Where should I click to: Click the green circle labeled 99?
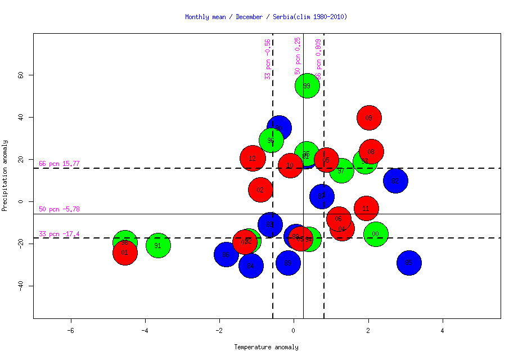click(x=307, y=85)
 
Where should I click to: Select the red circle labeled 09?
click(x=369, y=118)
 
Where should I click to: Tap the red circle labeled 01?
click(x=125, y=253)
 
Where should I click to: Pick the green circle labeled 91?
click(x=158, y=245)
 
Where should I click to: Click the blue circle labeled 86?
click(x=226, y=255)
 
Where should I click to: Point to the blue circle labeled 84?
click(x=251, y=265)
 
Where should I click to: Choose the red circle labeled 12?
click(x=253, y=159)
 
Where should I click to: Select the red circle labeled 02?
click(x=260, y=190)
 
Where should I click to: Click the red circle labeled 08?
click(x=371, y=152)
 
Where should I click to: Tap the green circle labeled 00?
click(x=376, y=234)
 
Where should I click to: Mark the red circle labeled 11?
click(x=366, y=209)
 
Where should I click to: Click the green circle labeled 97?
click(x=341, y=170)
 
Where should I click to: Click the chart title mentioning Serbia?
click(x=266, y=17)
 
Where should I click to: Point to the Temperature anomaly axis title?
click(x=266, y=347)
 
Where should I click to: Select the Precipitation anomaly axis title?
click(x=4, y=175)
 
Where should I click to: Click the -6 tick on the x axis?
click(x=71, y=329)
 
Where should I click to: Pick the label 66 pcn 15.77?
click(x=59, y=164)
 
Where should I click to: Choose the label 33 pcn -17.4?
click(x=59, y=234)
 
